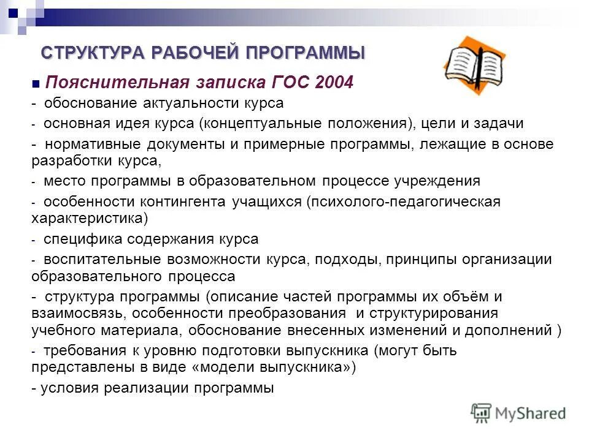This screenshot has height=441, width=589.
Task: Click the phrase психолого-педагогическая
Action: coord(405,202)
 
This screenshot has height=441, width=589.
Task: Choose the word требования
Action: coord(79,351)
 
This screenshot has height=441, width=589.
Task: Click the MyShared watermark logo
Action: coord(518,413)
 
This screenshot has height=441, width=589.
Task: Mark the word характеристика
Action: coord(88,218)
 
